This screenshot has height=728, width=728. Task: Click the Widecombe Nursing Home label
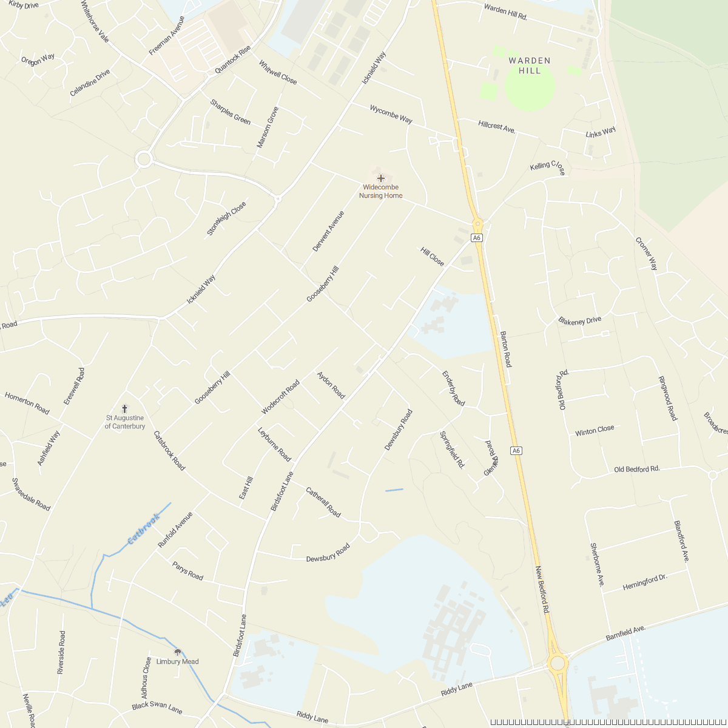click(380, 192)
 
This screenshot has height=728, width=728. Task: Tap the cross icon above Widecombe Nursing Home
click(381, 178)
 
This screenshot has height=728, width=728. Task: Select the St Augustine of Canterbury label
click(125, 422)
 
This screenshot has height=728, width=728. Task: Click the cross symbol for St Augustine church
click(125, 409)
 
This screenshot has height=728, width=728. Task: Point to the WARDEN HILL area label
click(530, 66)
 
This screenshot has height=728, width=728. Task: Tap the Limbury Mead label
click(177, 662)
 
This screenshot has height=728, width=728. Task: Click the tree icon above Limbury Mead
click(177, 652)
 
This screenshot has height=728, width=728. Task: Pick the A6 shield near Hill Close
click(477, 238)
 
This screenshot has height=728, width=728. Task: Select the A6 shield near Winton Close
click(516, 450)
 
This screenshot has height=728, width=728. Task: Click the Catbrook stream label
click(143, 529)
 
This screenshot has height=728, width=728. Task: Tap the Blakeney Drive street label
click(580, 320)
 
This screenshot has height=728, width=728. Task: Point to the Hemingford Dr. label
click(645, 583)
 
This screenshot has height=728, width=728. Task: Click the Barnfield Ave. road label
click(625, 635)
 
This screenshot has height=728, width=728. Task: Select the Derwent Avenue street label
click(328, 231)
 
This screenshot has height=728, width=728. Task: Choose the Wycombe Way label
click(391, 114)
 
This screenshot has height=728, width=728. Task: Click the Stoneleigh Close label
click(226, 219)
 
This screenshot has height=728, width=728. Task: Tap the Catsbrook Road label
click(169, 451)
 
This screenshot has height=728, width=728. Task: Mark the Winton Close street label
click(595, 431)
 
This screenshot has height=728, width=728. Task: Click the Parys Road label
click(187, 571)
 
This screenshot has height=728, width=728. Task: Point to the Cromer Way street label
click(646, 254)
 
